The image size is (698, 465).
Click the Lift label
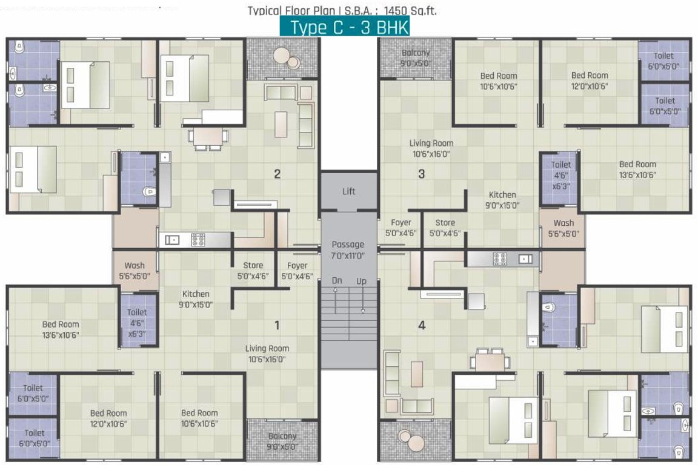coord(348,191)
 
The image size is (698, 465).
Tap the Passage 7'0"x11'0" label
coord(348,250)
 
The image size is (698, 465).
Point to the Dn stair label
coord(337,280)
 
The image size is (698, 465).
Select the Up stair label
coord(361,281)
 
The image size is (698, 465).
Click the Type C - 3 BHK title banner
coord(345,27)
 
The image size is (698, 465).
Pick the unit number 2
coord(278,174)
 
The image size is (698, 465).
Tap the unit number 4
coord(422,325)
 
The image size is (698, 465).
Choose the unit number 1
coord(277,325)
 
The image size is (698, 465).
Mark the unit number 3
coord(422,174)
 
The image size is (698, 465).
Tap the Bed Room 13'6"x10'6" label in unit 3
coord(637,170)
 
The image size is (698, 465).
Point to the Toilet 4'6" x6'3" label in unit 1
coord(137,323)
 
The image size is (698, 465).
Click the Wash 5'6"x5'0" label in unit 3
coord(563,228)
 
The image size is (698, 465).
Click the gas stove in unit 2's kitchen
coord(198,240)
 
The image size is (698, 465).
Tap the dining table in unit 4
coord(490,361)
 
